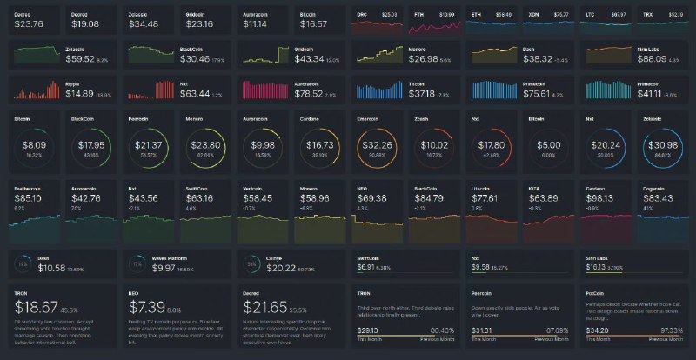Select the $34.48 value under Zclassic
[x=142, y=24]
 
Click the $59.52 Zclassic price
[x=82, y=59]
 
